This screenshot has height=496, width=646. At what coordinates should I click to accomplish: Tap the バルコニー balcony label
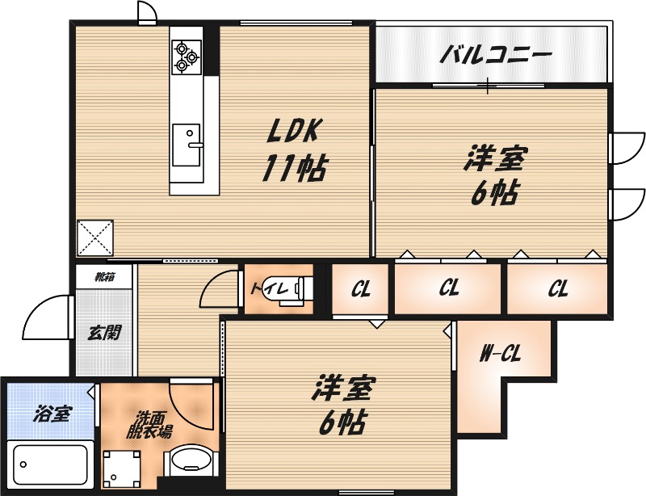point(496,56)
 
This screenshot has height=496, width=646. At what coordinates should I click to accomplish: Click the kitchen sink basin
point(189,145)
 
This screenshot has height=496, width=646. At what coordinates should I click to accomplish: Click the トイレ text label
point(262,288)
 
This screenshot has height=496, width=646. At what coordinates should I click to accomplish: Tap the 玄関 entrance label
point(105,331)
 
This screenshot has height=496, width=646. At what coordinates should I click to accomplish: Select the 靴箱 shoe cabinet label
point(104,277)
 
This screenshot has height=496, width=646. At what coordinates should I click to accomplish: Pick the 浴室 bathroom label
point(52,415)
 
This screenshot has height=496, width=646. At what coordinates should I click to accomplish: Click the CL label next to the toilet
point(360,289)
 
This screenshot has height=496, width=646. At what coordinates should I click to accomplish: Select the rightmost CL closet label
point(557,289)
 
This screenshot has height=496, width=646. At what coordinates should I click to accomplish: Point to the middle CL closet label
point(449,289)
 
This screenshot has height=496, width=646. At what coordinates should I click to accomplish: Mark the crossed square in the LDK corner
point(96,237)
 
